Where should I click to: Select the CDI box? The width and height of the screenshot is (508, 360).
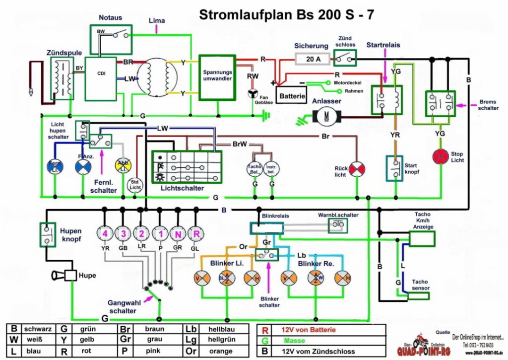(x=100, y=78)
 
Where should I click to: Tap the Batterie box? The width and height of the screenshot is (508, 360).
(x=291, y=94)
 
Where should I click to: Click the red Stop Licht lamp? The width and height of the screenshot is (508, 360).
(x=440, y=156)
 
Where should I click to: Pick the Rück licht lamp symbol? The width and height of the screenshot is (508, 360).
(x=357, y=170)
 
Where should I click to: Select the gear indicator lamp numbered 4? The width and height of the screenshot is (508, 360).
(x=105, y=233)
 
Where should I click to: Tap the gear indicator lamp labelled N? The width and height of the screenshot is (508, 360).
(x=178, y=233)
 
